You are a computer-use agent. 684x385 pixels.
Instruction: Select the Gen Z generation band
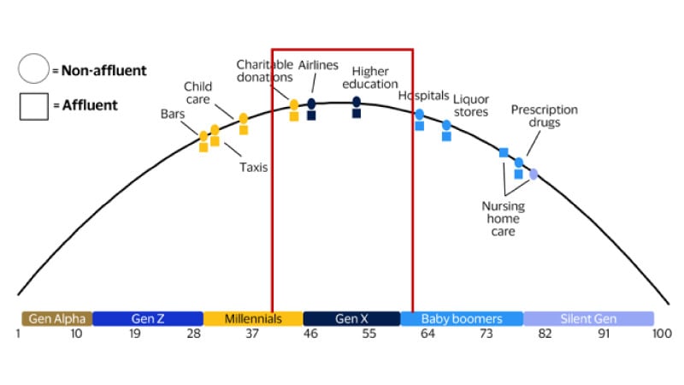pos(147,318)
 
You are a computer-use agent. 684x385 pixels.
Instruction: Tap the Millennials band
pos(253,318)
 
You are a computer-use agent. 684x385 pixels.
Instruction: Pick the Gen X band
pos(351,318)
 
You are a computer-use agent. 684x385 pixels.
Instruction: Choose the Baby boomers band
pos(462,318)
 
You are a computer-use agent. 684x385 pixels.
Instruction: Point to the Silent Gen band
pos(588,318)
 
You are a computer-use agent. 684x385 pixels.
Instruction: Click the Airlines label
pos(318,65)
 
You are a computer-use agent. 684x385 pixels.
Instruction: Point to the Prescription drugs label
pos(544,115)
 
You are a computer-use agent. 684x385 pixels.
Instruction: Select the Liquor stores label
pos(470,105)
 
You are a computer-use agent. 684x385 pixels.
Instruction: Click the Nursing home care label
pos(504,219)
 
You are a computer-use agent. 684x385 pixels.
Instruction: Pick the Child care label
pos(198,92)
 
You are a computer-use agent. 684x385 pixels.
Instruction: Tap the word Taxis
pos(254,167)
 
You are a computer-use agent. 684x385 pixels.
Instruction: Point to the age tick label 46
pos(311,334)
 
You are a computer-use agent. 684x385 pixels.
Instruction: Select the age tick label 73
pos(486,334)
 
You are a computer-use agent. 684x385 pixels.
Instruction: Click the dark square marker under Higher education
pos(357,114)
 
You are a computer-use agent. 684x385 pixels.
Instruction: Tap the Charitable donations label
pos(265,71)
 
